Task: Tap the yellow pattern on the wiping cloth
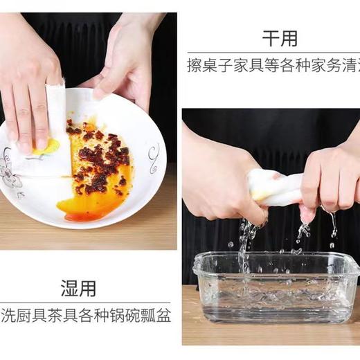coord(46,147)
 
